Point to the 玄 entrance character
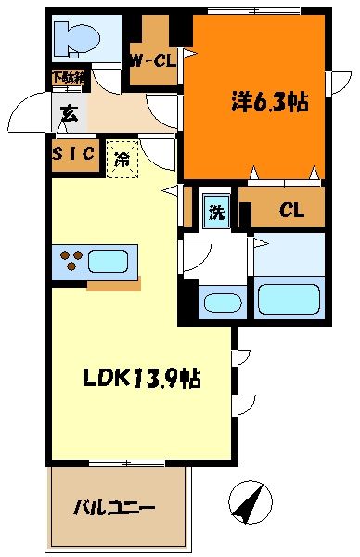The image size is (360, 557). [x=69, y=114]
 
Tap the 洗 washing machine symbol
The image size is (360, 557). [x=216, y=211]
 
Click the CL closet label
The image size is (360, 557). [x=291, y=211]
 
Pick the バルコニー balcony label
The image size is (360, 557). [x=115, y=508]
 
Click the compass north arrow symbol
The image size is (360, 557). [x=250, y=501]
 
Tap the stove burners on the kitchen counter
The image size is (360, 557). [x=71, y=260]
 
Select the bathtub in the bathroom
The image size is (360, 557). [x=289, y=300]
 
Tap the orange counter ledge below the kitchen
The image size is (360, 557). [x=114, y=286]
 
